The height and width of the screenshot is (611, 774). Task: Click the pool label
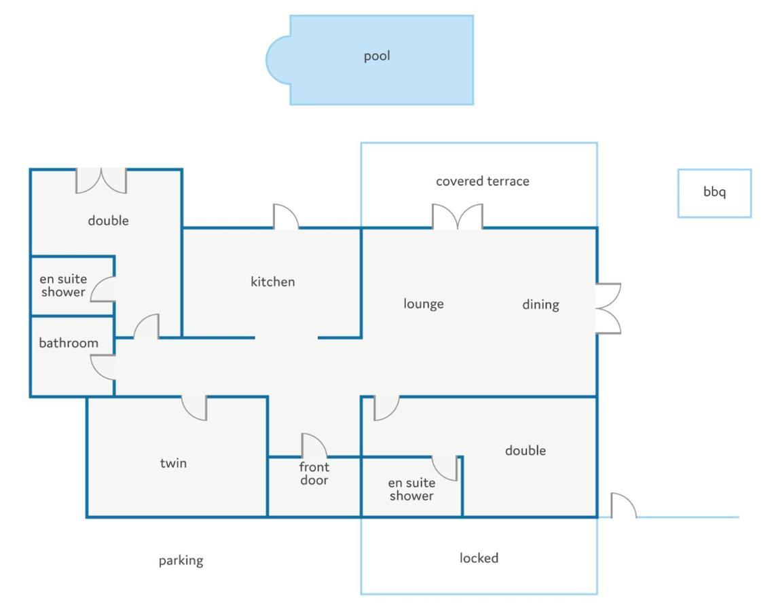(x=377, y=56)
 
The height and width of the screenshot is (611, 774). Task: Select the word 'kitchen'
(x=272, y=282)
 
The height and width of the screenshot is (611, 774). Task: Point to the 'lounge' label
(x=424, y=303)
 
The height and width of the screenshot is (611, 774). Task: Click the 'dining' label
(x=540, y=305)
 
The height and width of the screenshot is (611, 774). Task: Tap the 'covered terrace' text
(x=482, y=181)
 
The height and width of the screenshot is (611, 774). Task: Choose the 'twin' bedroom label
(x=173, y=463)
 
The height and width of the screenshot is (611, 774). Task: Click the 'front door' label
(x=314, y=473)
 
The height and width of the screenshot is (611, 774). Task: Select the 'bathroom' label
(x=69, y=343)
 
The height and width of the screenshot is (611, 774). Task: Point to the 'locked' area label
(x=479, y=557)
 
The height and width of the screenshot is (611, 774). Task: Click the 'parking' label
(x=181, y=561)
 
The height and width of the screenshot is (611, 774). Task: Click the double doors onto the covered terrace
(x=458, y=216)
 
